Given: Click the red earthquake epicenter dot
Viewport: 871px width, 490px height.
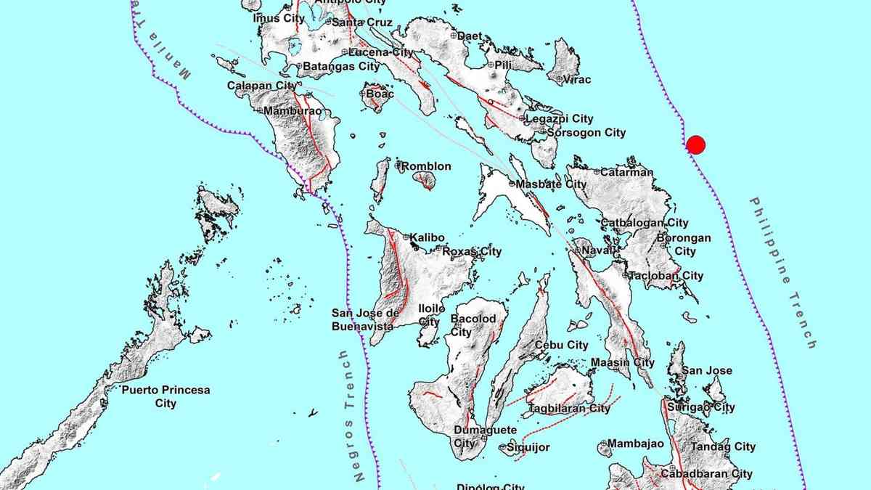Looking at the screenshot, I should coord(695,144).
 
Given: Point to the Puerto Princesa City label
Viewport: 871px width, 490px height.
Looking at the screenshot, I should coord(165,396).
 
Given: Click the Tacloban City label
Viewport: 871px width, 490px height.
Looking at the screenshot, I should coord(666,276).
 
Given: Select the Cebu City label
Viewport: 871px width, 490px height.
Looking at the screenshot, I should coord(561,346).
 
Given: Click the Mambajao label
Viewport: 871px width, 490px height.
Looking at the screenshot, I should coord(631,444).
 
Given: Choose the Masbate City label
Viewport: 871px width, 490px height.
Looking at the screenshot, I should coord(552,184).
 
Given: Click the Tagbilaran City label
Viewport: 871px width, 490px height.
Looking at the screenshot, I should coord(569,409).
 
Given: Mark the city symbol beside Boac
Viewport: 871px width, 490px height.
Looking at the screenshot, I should coord(364,93).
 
